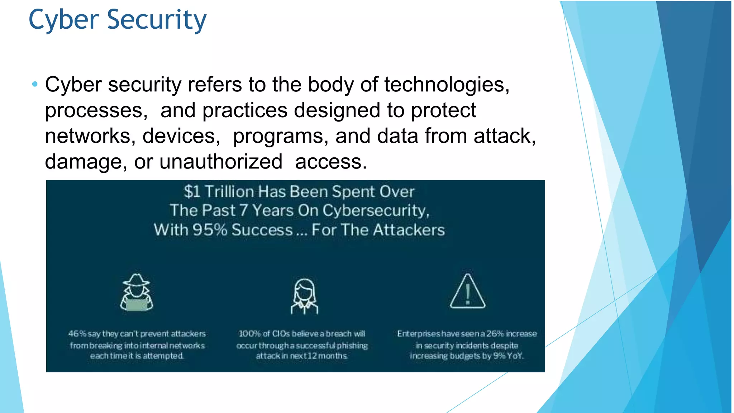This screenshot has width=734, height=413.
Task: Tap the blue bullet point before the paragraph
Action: click(35, 85)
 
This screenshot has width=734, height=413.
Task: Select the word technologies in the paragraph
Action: click(446, 85)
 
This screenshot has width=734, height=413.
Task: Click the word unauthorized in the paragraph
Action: click(221, 162)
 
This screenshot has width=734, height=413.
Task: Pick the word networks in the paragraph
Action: click(90, 136)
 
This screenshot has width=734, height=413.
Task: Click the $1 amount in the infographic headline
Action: click(192, 192)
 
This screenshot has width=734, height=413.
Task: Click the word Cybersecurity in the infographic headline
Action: click(376, 210)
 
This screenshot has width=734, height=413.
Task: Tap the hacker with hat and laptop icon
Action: click(137, 293)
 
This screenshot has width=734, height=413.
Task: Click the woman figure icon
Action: click(304, 296)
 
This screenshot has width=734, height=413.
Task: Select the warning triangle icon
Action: click(467, 292)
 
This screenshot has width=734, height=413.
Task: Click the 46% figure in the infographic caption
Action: click(77, 334)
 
